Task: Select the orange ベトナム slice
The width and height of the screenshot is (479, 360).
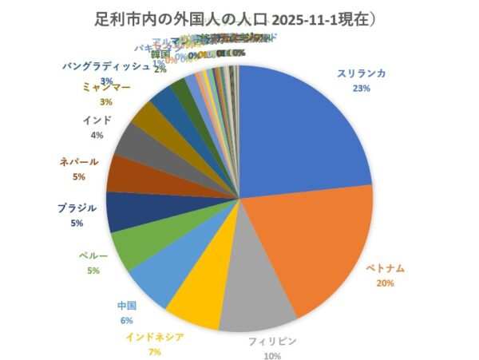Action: [x=319, y=247]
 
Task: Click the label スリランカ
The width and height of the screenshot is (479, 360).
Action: [x=361, y=73]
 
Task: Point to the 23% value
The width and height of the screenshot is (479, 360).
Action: [x=361, y=88]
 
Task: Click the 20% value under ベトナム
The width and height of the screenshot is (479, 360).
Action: [x=387, y=283]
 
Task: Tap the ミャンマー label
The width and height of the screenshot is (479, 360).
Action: [x=106, y=87]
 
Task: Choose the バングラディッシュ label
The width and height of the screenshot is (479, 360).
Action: [x=105, y=66]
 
